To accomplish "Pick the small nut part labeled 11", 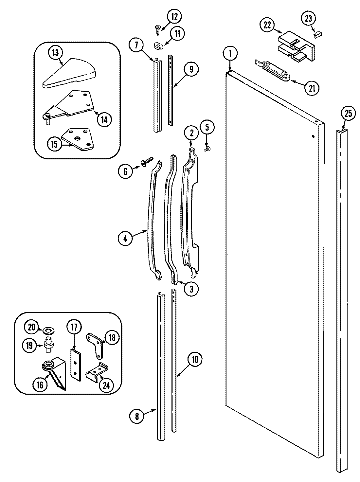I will [x=158, y=45].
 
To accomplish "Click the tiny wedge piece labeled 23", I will [x=317, y=33].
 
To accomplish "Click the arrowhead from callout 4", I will [x=146, y=231].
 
